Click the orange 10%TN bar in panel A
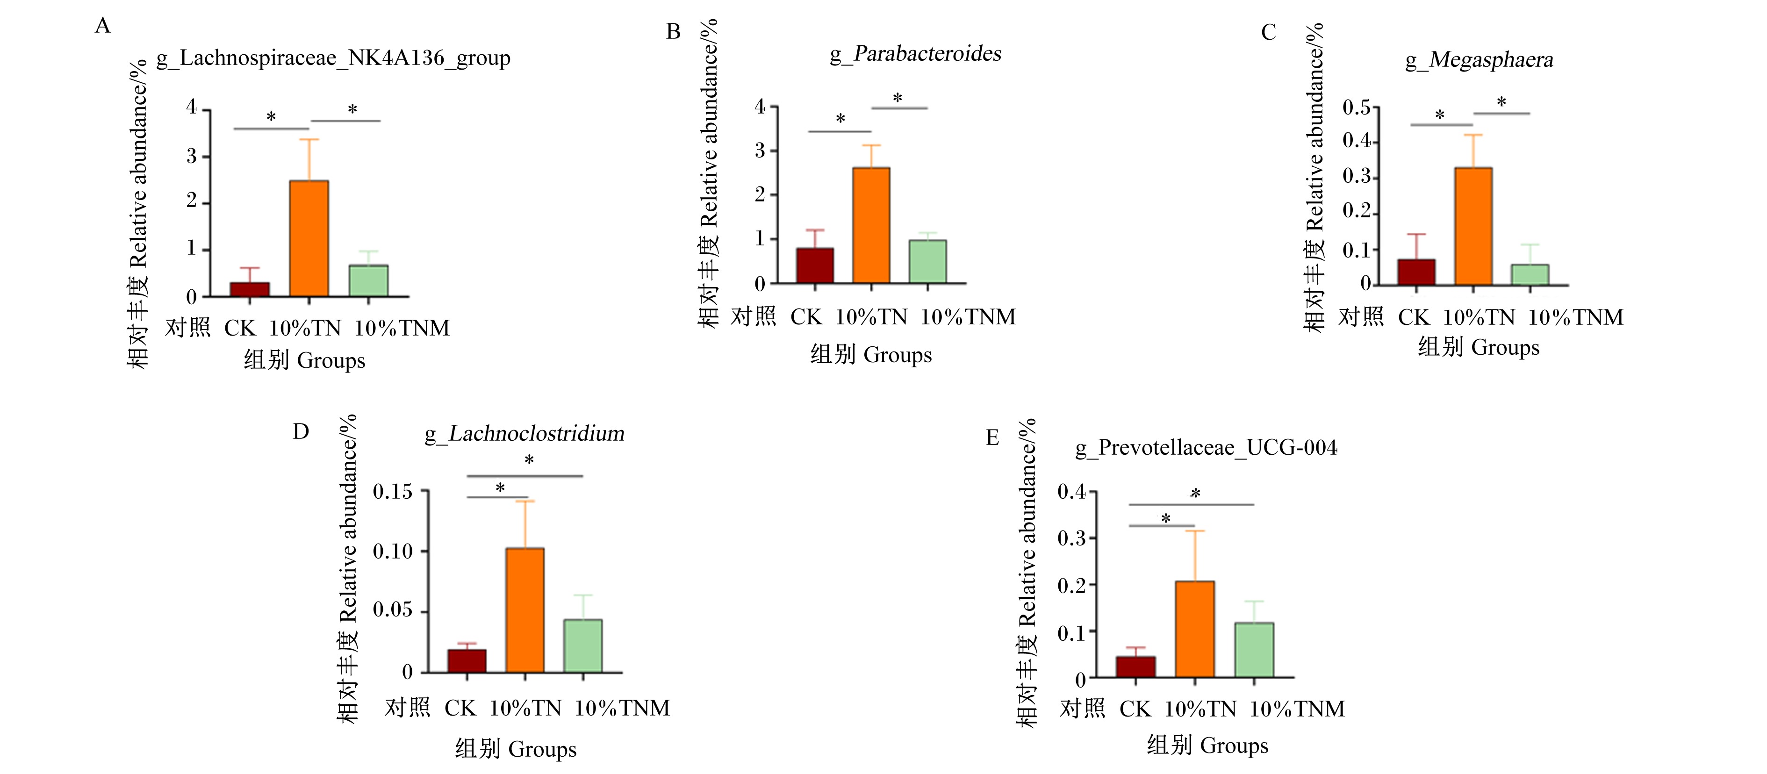[x=309, y=238]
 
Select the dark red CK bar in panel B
[x=815, y=265]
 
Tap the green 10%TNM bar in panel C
[x=1530, y=274]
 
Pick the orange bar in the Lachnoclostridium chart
[x=525, y=610]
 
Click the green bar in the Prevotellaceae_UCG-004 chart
[x=1254, y=650]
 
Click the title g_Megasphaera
[x=1479, y=60]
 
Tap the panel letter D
[x=301, y=431]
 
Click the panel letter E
[x=992, y=437]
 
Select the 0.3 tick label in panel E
[x=1071, y=538]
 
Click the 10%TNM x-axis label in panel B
[x=967, y=317]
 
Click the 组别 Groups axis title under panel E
[x=1207, y=745]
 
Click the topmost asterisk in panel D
[x=529, y=460]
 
